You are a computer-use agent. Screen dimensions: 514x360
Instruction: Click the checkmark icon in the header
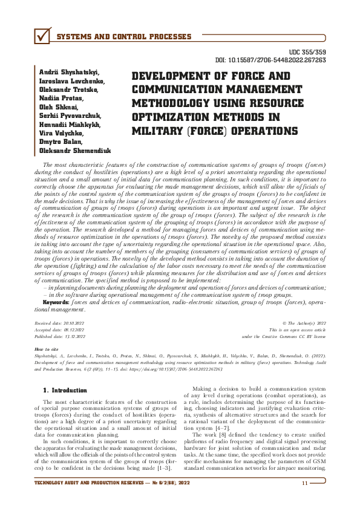click(42, 37)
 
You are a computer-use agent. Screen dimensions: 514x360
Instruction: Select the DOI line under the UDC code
click(271, 60)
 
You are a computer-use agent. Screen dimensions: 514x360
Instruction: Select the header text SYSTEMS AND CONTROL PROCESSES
click(123, 37)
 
